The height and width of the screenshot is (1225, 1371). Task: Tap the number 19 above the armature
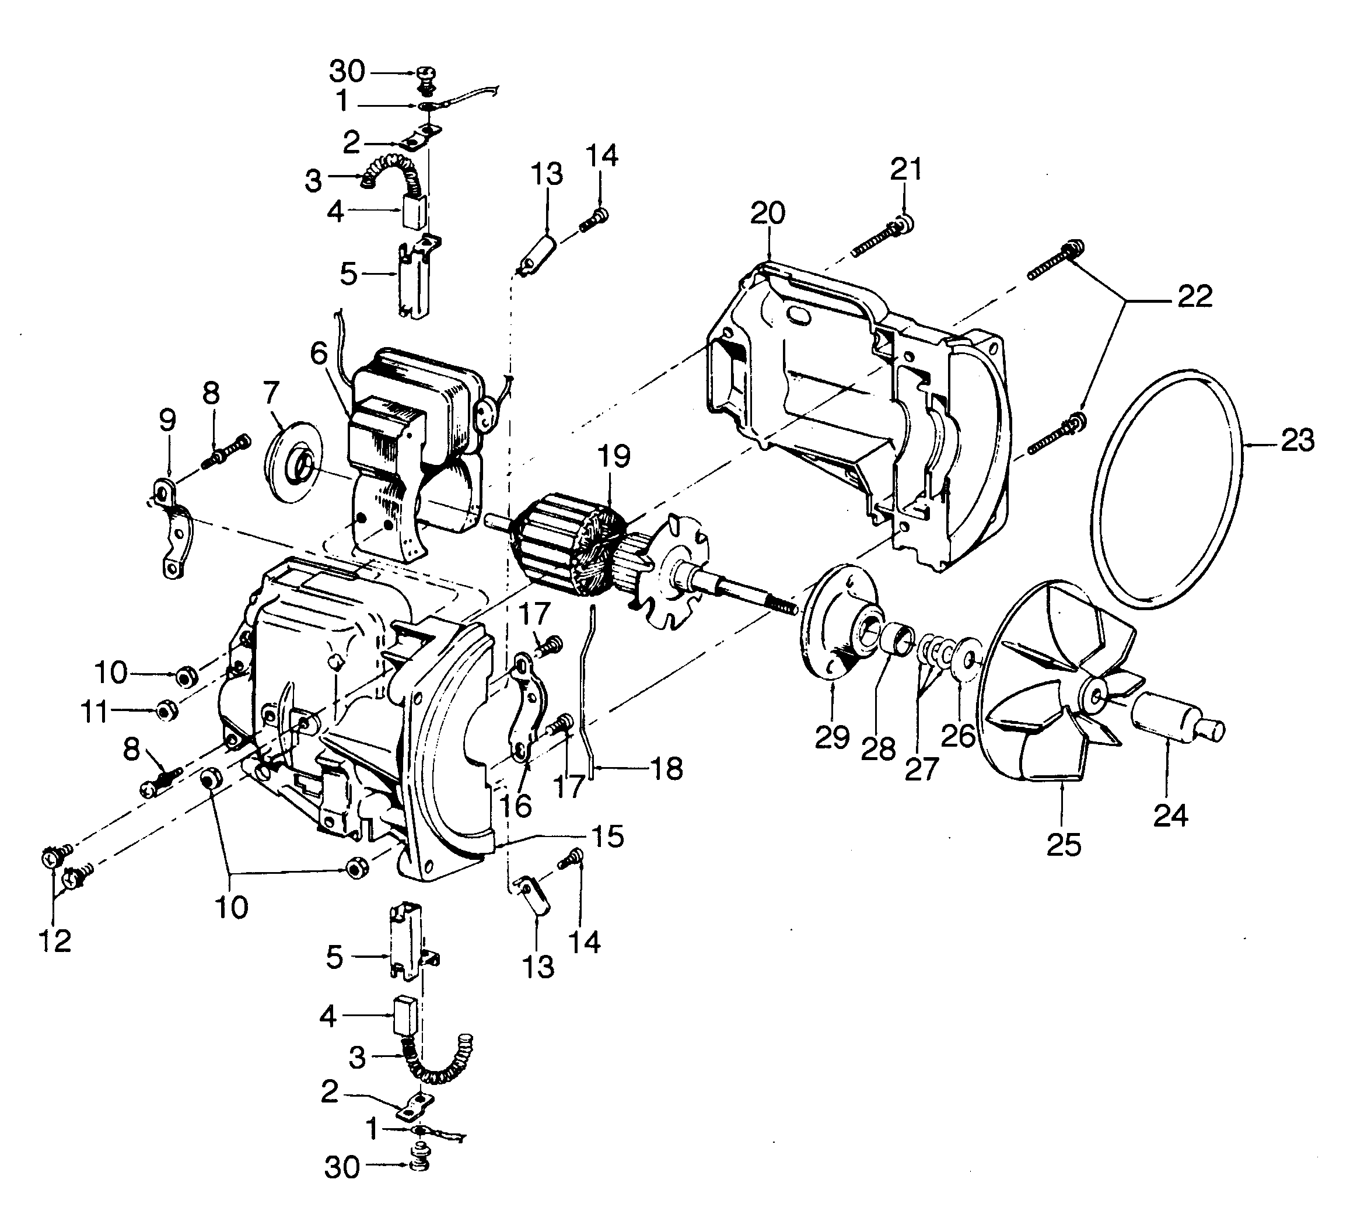[x=613, y=456]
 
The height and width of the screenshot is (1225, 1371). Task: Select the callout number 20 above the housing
[x=767, y=214]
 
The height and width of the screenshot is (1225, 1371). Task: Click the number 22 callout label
[x=1195, y=297]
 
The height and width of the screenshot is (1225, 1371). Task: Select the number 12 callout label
[x=54, y=941]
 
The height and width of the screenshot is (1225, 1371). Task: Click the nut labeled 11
[x=166, y=710]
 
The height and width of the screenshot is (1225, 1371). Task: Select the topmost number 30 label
[x=347, y=71]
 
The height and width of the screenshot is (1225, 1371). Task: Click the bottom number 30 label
[x=342, y=1168]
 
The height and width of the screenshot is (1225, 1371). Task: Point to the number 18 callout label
[x=666, y=769]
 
